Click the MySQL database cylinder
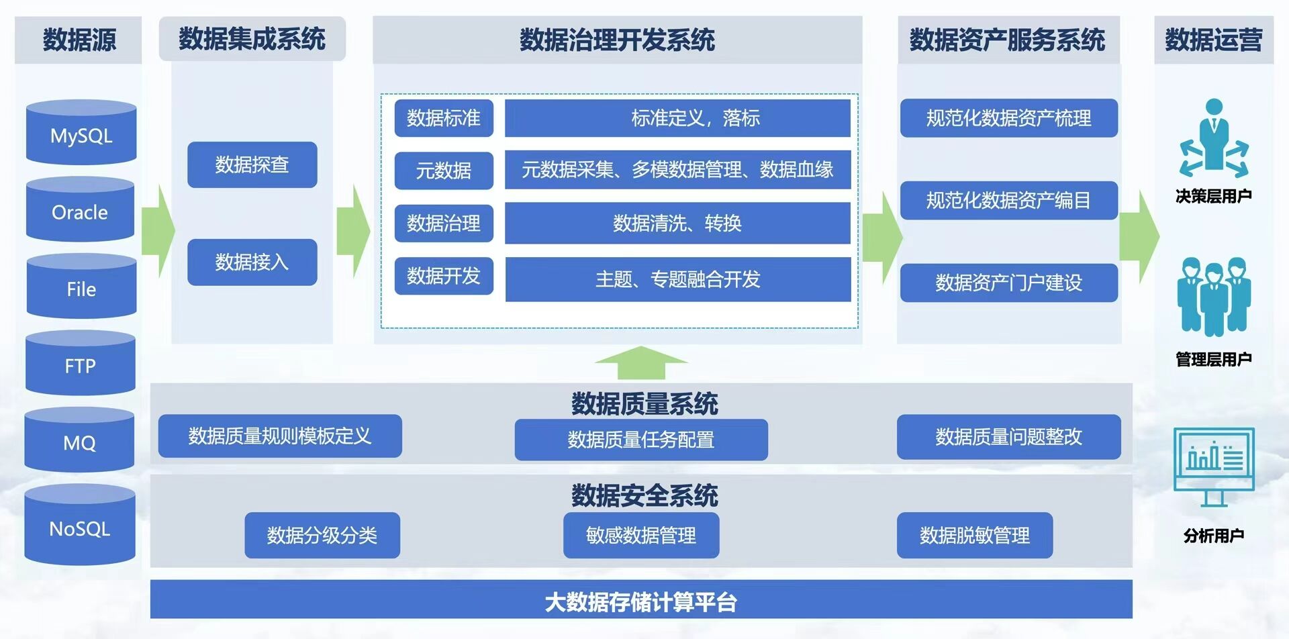pos(81,132)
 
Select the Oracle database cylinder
pos(80,209)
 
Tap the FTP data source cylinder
pos(81,363)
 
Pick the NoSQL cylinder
pos(80,526)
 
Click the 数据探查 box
pos(252,164)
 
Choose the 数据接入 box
pos(252,262)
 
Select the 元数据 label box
pos(444,170)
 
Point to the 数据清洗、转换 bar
pos(677,223)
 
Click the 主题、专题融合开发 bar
pos(678,279)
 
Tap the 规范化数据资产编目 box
pos(1008,200)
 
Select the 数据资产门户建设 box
pos(1008,283)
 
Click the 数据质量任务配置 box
pos(641,440)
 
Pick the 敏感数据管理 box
pos(641,535)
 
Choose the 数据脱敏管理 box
pos(975,535)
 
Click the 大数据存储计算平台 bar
pos(641,599)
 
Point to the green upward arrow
pos(641,363)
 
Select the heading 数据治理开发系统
pos(617,40)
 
